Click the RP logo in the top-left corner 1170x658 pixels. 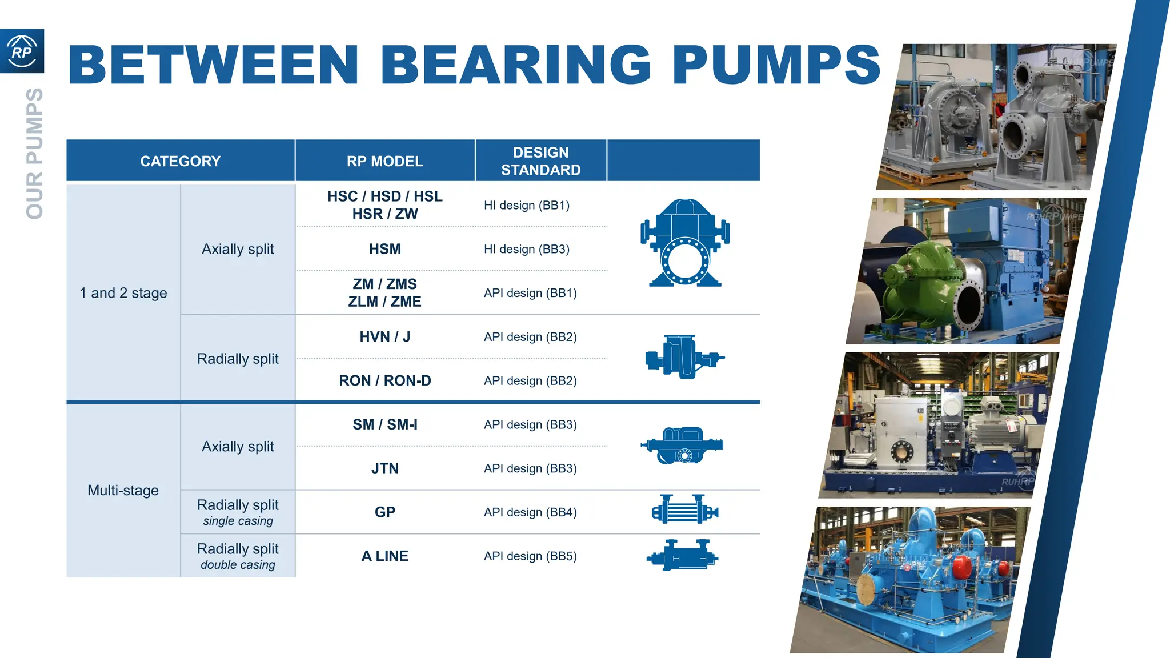[x=22, y=51]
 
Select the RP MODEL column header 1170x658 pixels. [x=384, y=161]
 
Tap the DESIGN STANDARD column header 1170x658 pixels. [x=540, y=161]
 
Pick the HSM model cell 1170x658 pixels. [x=384, y=249]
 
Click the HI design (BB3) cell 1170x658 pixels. [x=526, y=249]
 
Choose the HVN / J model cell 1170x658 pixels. [x=384, y=337]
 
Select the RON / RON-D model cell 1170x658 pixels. [x=384, y=380]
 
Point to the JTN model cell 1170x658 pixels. [x=384, y=468]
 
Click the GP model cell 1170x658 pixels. [x=384, y=512]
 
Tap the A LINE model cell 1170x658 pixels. [x=384, y=556]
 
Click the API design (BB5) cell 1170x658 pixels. [x=530, y=556]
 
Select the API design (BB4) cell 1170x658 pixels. [x=530, y=512]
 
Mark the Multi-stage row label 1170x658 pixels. [x=123, y=490]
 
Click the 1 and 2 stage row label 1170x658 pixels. [x=123, y=293]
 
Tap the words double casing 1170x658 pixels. [x=238, y=565]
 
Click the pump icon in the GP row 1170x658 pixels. [x=684, y=509]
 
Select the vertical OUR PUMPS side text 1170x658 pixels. [x=35, y=153]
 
